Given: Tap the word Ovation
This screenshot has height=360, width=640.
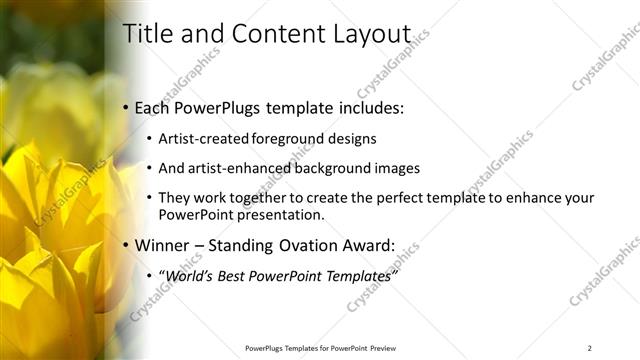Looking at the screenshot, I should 305,245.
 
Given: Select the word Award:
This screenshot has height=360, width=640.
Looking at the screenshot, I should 367,245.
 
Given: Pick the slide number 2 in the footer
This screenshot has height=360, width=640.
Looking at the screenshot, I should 590,348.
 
